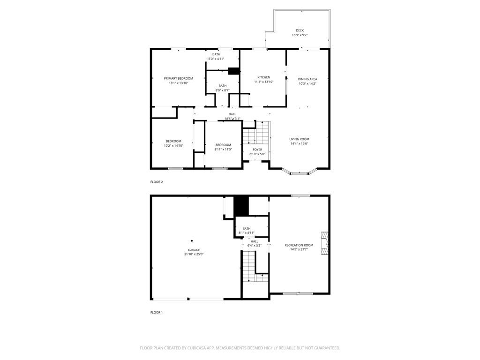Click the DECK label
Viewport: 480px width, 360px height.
300,30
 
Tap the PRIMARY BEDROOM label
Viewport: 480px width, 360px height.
178,78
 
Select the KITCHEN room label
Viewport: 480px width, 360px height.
263,77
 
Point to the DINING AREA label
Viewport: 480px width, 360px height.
307,79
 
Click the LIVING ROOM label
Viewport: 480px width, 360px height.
299,139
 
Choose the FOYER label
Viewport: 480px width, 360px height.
257,150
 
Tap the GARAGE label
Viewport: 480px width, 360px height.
194,250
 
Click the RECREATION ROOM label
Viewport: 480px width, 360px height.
299,245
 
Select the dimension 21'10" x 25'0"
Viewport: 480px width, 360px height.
194,254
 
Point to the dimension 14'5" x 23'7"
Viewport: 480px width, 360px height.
299,249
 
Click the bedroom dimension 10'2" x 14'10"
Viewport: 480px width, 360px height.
173,146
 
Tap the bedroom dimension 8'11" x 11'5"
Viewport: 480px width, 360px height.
223,150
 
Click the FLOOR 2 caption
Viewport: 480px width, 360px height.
157,182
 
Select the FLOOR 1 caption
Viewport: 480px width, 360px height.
156,312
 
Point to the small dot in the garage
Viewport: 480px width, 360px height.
192,241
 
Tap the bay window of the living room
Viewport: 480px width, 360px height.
299,172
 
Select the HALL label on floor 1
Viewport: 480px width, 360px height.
254,241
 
